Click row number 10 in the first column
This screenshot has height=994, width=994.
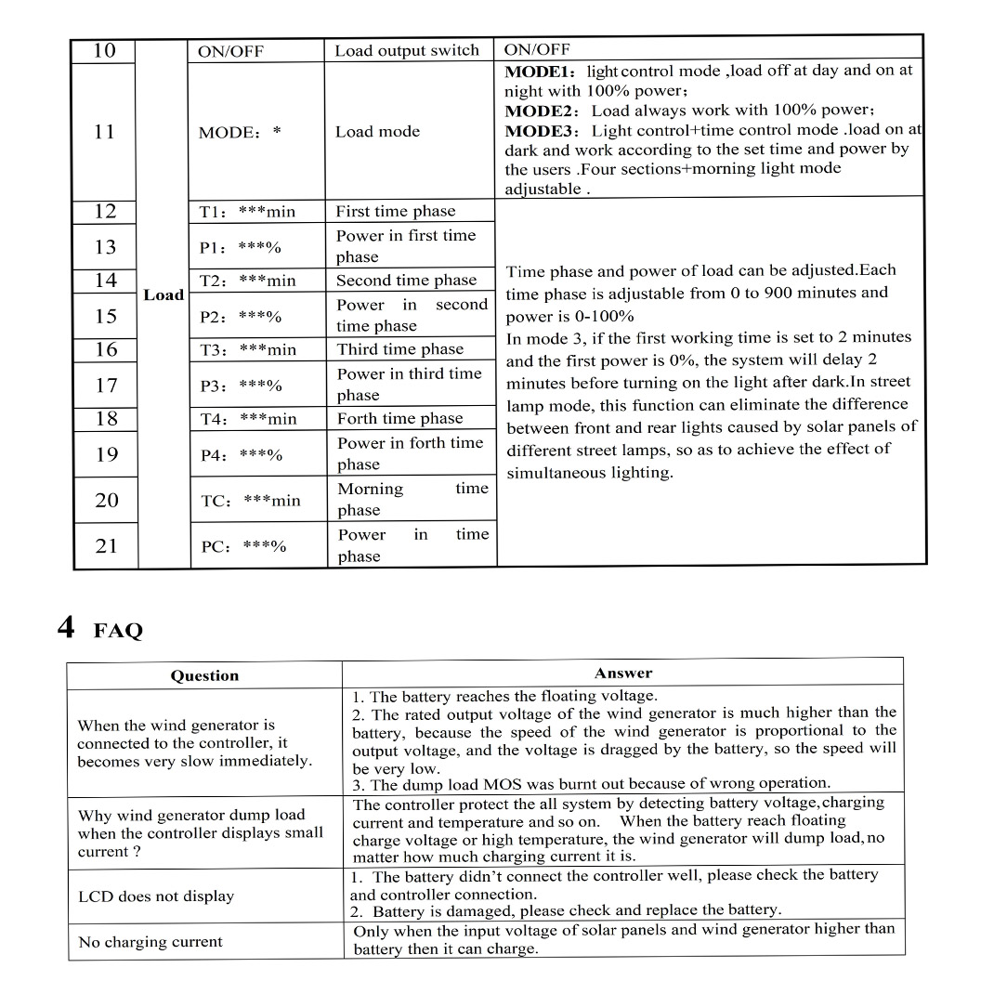[104, 50]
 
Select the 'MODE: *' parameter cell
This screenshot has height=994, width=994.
[240, 132]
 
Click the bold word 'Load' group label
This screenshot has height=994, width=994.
[163, 294]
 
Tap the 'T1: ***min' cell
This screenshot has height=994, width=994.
[247, 212]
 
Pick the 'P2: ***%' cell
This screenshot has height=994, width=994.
[241, 317]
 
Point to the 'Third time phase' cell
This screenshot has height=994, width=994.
[399, 349]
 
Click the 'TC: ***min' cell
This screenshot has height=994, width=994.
[251, 501]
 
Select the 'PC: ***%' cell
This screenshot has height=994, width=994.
[243, 546]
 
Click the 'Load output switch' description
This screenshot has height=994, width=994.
[407, 51]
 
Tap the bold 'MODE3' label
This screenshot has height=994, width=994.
[542, 131]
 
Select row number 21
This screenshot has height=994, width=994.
[106, 545]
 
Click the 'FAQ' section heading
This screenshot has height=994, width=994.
[118, 632]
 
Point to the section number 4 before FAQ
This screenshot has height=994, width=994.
[66, 628]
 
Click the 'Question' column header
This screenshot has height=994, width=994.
[204, 675]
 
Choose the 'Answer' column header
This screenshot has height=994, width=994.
[623, 673]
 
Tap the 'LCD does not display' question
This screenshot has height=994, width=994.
[156, 896]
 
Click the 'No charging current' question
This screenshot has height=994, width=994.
[150, 942]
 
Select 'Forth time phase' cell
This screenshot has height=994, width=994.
[399, 419]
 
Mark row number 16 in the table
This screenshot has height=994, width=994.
[106, 349]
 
